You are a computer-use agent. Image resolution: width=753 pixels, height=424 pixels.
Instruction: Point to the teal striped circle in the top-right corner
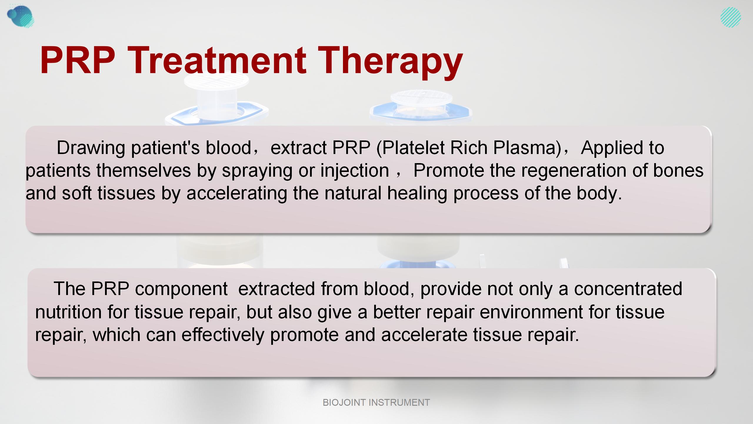coord(731,17)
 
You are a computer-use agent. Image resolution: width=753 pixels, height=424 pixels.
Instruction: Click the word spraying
coord(257,171)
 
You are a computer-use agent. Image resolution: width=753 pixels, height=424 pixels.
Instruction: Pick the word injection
coord(354,170)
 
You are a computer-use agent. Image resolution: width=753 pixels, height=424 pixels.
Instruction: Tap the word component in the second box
coord(181,289)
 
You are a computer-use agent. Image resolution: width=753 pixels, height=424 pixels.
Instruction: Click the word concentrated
coord(628,289)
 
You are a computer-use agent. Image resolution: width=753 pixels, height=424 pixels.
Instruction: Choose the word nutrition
coord(68,312)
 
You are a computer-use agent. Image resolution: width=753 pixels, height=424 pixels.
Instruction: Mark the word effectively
coord(223,335)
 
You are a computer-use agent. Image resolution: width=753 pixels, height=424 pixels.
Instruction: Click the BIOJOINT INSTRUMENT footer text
coord(376,403)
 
